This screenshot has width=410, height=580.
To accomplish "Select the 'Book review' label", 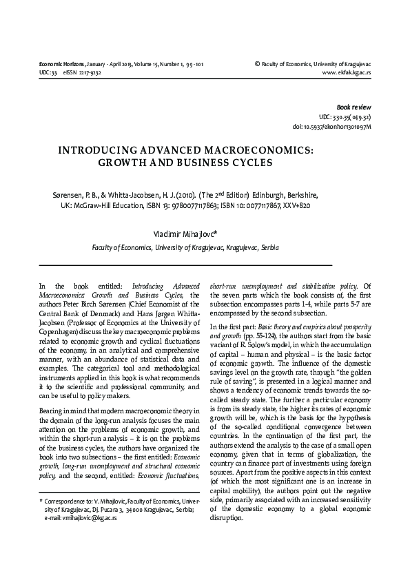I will [353, 108].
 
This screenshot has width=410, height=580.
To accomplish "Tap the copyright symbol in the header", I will [257, 63].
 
